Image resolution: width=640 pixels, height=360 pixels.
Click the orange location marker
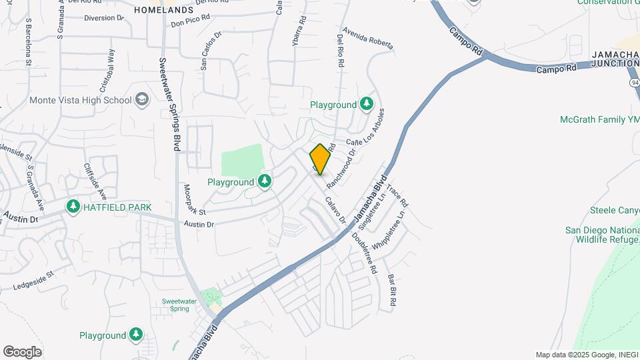(320, 159)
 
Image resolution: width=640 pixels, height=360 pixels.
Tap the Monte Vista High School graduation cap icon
(141, 100)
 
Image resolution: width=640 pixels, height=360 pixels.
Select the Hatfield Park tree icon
(73, 207)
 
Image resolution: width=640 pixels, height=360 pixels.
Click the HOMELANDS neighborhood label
(163, 10)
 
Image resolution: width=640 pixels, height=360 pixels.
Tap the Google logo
(22, 351)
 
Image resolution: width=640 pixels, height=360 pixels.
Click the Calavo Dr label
(335, 209)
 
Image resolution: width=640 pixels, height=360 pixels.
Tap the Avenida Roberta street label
(368, 38)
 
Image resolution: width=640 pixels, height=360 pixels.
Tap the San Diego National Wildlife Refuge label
(602, 234)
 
